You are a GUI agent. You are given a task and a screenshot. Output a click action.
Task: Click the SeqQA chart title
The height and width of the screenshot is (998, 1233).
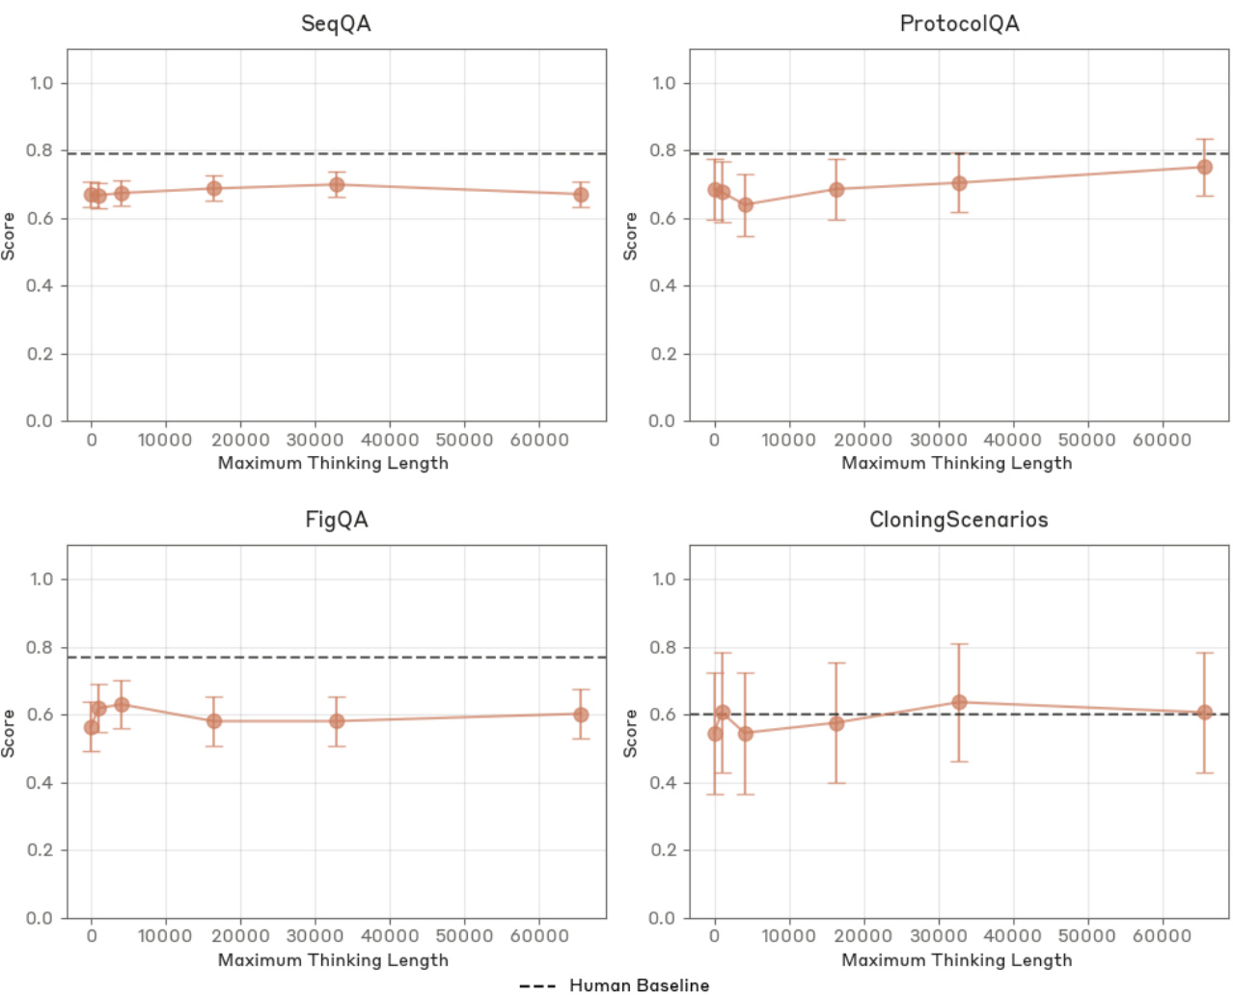[x=336, y=24]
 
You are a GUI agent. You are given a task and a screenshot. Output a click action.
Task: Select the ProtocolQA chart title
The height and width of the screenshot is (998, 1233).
[x=959, y=24]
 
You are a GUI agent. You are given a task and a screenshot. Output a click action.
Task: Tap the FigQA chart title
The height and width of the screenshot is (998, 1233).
[x=336, y=520]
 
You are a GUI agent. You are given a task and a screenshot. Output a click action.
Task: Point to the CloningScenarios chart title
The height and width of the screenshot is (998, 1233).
[x=958, y=520]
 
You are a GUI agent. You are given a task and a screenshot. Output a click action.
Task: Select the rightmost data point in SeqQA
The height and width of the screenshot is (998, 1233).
[x=581, y=195]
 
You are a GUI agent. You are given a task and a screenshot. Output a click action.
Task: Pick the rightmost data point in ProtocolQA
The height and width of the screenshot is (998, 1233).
[x=1204, y=167]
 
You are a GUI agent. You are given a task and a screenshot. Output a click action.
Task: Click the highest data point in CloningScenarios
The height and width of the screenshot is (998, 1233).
[x=959, y=702]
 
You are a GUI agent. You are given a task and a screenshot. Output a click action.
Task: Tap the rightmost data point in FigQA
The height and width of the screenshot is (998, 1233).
[x=581, y=715]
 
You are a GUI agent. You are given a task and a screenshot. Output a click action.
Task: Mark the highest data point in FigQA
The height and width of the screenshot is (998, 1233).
[x=122, y=705]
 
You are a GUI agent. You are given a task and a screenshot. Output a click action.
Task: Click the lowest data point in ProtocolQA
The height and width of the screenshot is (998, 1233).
[x=745, y=204]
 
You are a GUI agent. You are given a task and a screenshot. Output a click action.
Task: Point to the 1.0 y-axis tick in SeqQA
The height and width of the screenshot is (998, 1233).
[x=41, y=83]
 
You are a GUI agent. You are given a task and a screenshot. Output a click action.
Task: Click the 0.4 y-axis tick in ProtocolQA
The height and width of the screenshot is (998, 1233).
[x=664, y=286]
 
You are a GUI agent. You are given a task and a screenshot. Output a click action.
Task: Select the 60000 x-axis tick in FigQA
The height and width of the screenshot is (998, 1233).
[x=538, y=935]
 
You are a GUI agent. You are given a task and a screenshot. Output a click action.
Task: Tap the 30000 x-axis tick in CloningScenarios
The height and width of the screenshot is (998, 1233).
[x=938, y=935]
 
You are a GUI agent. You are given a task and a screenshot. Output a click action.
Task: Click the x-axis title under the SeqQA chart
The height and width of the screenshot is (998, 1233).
[x=333, y=463]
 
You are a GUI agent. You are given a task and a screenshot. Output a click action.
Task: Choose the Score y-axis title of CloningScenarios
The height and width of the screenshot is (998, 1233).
[x=631, y=733]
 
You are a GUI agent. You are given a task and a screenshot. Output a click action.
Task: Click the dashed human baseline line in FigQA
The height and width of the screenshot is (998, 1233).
[x=386, y=658]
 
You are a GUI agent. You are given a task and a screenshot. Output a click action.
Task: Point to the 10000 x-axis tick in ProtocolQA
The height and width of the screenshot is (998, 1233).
[x=788, y=440]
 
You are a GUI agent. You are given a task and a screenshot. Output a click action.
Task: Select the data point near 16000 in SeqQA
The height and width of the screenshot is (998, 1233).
[x=214, y=188]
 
